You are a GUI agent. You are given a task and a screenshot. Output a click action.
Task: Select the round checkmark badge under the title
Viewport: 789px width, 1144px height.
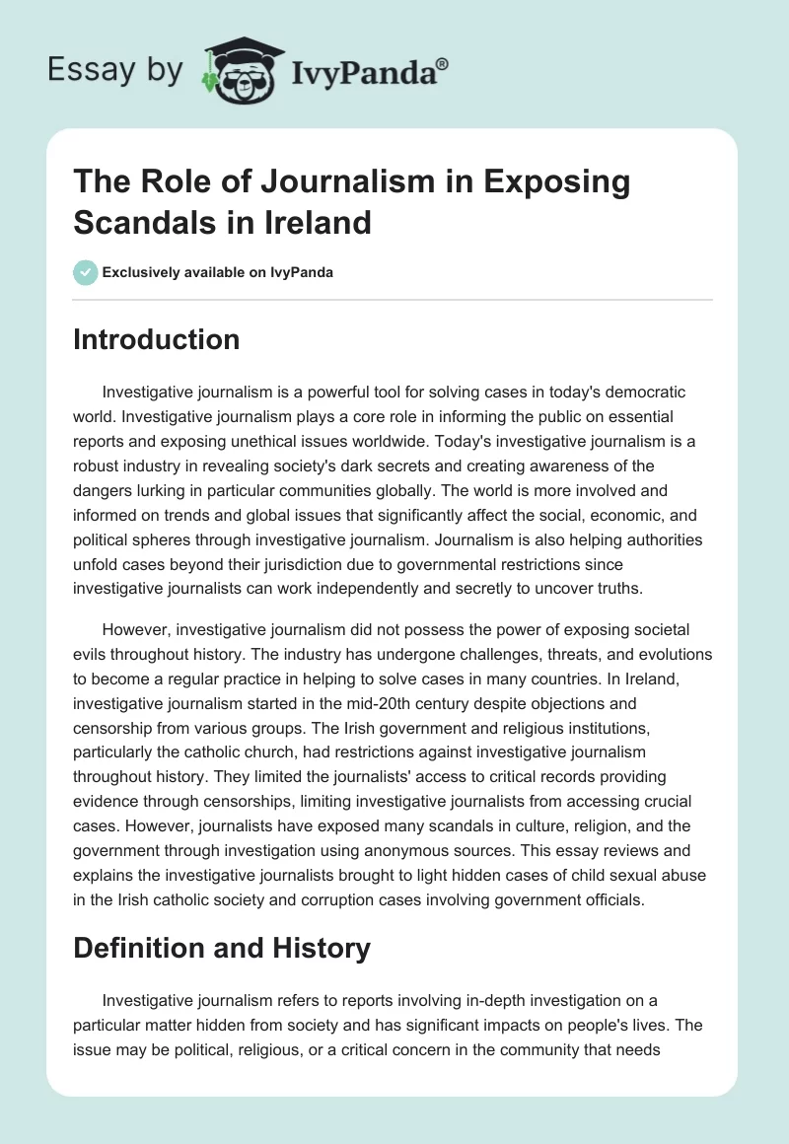85,272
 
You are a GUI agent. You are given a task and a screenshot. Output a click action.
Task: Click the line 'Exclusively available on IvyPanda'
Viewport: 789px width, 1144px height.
217,272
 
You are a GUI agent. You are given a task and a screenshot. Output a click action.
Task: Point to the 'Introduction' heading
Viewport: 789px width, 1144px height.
157,339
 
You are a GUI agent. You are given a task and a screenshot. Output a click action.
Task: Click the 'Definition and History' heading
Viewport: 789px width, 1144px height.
222,949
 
